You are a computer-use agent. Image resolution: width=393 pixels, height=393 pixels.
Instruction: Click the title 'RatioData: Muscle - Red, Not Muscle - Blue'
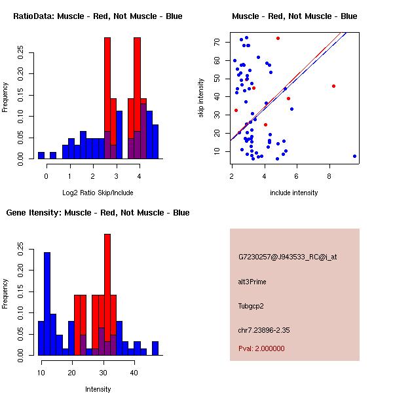[x=98, y=16]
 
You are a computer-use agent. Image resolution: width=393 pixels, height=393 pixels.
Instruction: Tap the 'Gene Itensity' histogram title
[x=98, y=213]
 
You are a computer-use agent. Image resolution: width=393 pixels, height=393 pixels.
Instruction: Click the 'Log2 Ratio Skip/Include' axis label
[x=98, y=193]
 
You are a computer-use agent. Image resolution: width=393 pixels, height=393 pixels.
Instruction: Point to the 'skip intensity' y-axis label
[x=201, y=98]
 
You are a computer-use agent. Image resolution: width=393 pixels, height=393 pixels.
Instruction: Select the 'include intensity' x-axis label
[x=294, y=193]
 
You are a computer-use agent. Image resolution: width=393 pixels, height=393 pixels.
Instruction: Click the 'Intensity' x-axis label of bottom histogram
[x=98, y=389]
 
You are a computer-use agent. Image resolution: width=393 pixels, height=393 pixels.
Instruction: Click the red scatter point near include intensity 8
[x=333, y=86]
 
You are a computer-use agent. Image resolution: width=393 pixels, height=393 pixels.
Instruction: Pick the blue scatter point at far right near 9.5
[x=354, y=156]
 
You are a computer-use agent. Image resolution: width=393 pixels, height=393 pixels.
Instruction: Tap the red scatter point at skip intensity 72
[x=278, y=38]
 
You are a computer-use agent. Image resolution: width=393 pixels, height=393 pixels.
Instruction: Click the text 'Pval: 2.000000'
[x=261, y=348]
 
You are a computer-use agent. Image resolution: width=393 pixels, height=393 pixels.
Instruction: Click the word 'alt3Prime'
[x=252, y=282]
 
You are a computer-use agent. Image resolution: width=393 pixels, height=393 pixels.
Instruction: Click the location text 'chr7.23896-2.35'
[x=264, y=329]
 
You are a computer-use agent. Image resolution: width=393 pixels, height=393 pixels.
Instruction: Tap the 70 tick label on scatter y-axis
[x=217, y=42]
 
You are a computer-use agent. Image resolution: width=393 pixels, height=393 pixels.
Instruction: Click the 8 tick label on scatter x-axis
[x=329, y=175]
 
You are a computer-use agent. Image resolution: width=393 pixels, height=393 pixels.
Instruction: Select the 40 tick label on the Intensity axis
[x=134, y=372]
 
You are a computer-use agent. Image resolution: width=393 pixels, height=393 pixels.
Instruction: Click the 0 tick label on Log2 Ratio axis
[x=47, y=176]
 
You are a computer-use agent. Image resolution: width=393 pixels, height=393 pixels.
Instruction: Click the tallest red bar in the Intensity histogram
[x=107, y=295]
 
